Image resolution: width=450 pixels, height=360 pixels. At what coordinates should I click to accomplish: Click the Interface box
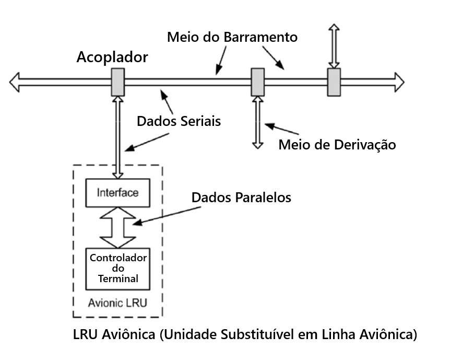[x=117, y=192]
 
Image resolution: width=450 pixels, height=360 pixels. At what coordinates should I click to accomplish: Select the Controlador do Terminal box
[x=117, y=269]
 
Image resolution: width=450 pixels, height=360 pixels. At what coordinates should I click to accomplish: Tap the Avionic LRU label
[x=117, y=303]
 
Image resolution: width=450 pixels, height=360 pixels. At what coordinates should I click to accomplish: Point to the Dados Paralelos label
[x=241, y=198]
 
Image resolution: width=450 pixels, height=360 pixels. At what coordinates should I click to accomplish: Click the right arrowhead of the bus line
[x=399, y=82]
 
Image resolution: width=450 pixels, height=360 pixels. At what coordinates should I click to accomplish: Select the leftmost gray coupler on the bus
[x=118, y=82]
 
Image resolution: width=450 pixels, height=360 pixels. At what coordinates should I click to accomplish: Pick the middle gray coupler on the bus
[x=257, y=82]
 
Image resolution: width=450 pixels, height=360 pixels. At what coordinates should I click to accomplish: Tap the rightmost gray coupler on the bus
[x=334, y=82]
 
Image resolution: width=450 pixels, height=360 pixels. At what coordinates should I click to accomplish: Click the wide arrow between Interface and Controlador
[x=117, y=227]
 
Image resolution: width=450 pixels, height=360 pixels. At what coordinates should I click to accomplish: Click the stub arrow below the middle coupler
[x=257, y=123]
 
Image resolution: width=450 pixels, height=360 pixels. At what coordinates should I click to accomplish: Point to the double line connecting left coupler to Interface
[x=118, y=136]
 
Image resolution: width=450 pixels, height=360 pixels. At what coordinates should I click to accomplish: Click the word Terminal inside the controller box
[x=118, y=279]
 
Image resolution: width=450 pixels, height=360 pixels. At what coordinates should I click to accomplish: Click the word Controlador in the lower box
[x=118, y=258]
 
